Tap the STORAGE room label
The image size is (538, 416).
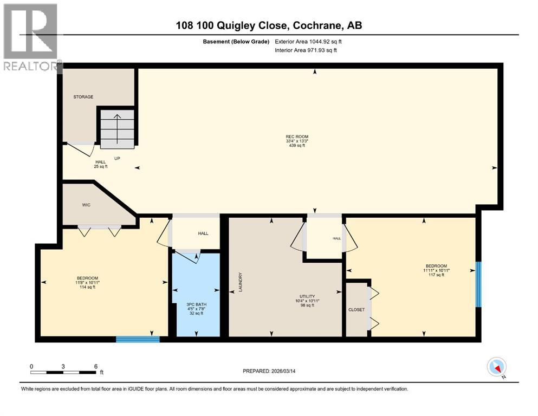pos(83,97)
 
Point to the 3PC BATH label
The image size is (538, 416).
pos(197,304)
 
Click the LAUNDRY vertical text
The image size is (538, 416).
pos(238,282)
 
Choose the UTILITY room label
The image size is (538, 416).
pos(307,296)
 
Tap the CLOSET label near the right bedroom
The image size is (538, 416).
pos(356,309)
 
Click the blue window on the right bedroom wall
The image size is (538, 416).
pos(478,284)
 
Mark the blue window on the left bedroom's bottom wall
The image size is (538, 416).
pos(138,339)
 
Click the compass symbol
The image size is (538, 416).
pos(497,367)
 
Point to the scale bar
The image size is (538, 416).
pos(63,372)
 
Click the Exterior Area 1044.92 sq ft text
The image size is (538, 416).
pos(309,41)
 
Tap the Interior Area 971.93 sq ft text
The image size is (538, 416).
pos(306,50)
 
